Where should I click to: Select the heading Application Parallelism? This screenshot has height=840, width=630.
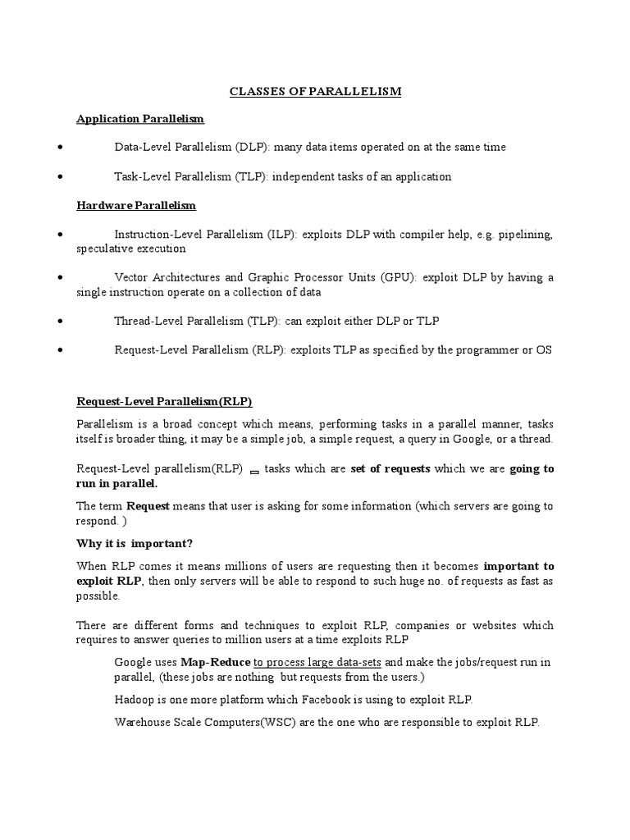tap(139, 119)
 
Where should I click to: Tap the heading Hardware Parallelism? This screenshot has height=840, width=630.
tap(136, 205)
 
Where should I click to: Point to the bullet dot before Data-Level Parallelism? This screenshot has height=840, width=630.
tap(61, 148)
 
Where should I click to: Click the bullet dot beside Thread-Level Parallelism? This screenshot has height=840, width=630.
tap(61, 321)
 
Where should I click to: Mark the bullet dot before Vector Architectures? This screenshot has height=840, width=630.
tap(61, 278)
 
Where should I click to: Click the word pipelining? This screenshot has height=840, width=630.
tap(527, 235)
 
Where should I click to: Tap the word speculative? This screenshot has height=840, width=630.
tap(104, 249)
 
